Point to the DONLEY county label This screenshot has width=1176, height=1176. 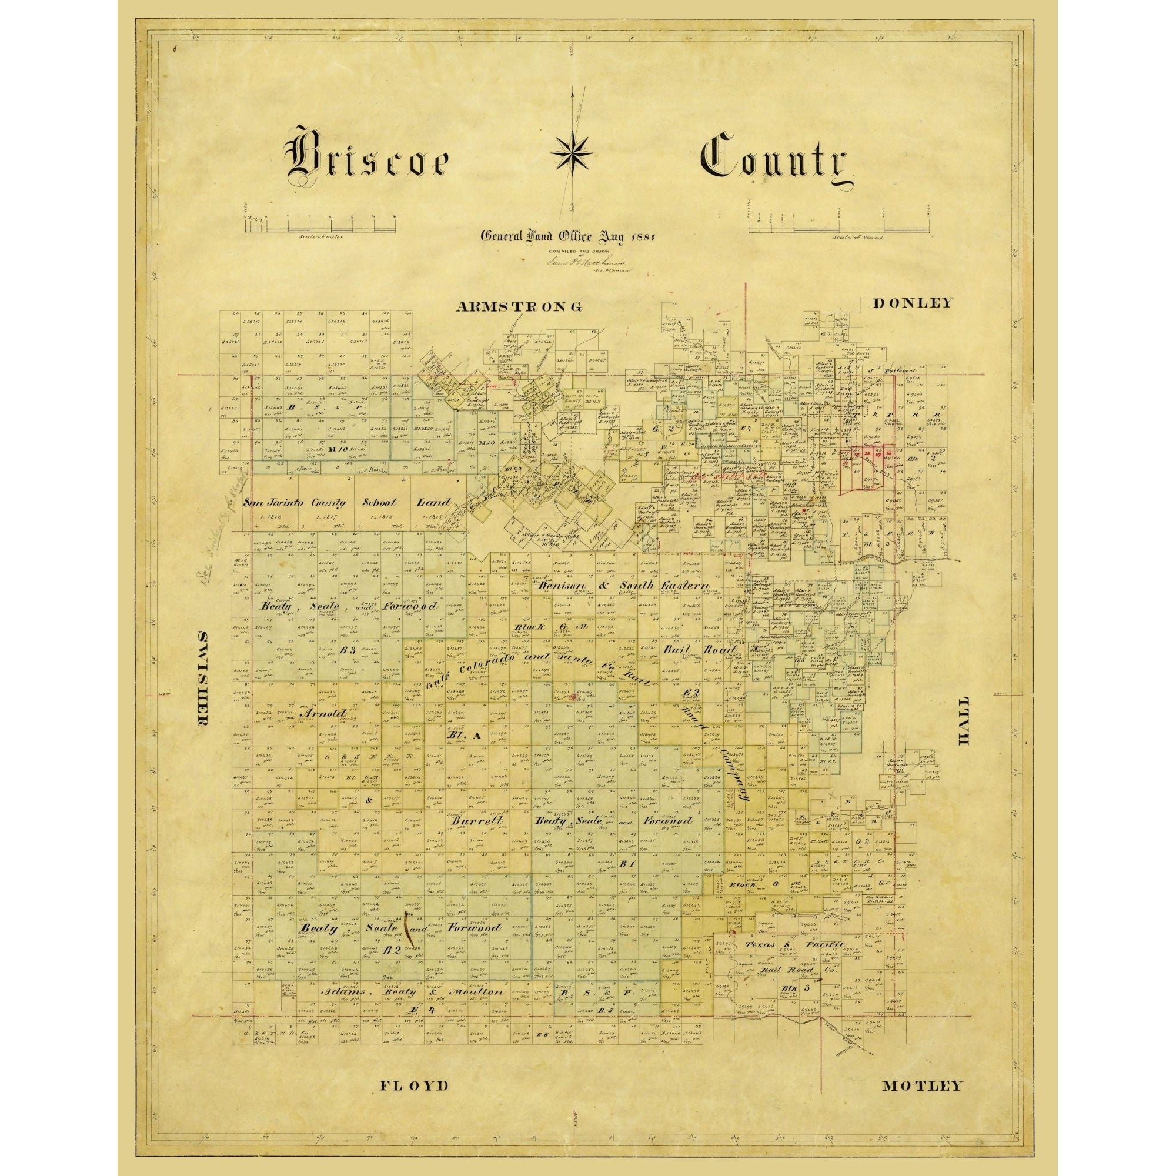[911, 303]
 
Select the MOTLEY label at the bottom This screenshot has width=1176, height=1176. [922, 1068]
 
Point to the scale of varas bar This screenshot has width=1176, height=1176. [840, 229]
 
